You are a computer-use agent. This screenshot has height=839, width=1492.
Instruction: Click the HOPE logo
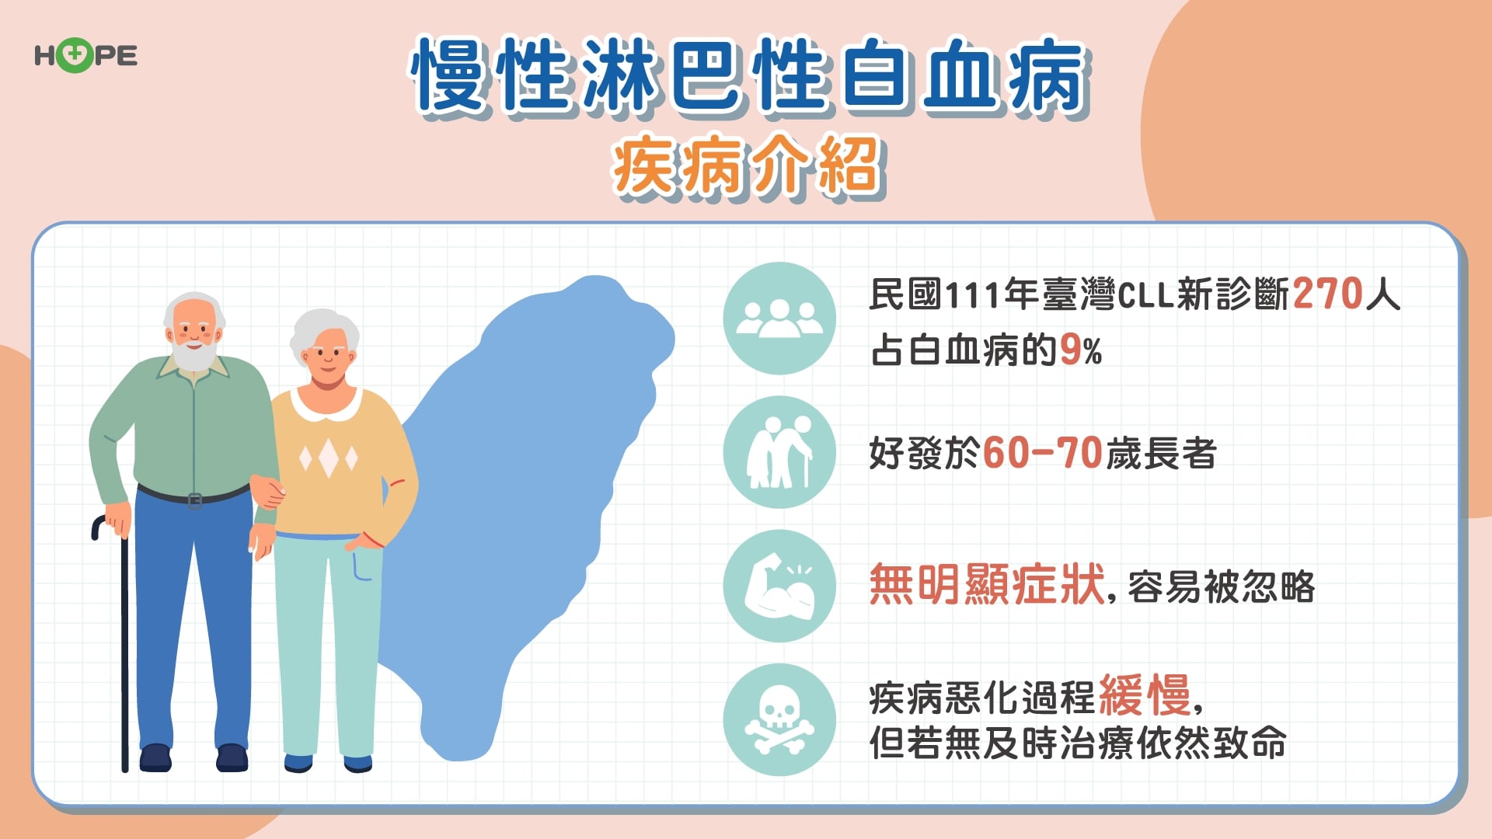tap(85, 56)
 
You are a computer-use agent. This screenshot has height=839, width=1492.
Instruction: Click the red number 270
tap(1328, 294)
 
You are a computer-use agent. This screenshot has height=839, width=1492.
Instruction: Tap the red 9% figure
tap(1080, 350)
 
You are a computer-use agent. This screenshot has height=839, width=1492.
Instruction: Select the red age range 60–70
tap(1043, 453)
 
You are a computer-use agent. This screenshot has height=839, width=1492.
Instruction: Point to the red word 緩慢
tap(1145, 695)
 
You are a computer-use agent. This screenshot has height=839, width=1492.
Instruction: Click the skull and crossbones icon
tap(779, 720)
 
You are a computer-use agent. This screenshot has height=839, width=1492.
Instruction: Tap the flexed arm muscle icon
tap(779, 587)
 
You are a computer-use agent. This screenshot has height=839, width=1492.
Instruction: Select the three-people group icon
tap(779, 319)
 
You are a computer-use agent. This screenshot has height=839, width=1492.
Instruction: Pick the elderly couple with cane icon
tap(779, 452)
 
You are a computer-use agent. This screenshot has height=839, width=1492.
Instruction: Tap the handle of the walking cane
tap(101, 526)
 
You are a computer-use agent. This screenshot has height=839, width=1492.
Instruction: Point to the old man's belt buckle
tap(195, 500)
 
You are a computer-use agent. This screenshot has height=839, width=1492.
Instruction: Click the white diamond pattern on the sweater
tap(329, 458)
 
